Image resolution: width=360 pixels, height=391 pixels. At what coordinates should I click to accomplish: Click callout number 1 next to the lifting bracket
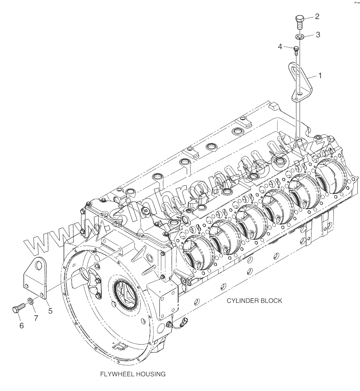pyautogui.click(x=320, y=75)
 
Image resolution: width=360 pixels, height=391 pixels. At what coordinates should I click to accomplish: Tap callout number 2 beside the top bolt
pyautogui.click(x=317, y=17)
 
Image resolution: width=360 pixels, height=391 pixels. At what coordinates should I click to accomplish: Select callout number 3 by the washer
pyautogui.click(x=318, y=35)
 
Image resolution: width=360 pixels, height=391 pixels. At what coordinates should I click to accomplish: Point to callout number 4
pyautogui.click(x=280, y=47)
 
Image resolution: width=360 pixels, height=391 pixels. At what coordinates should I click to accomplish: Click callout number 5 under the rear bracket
pyautogui.click(x=50, y=311)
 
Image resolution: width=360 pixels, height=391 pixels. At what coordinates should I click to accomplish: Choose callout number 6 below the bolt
pyautogui.click(x=22, y=326)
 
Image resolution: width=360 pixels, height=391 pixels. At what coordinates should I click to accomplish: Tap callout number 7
pyautogui.click(x=36, y=318)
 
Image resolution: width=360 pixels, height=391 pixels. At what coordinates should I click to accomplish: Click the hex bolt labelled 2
pyautogui.click(x=300, y=21)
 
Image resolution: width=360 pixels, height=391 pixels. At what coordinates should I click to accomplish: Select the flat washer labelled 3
pyautogui.click(x=300, y=37)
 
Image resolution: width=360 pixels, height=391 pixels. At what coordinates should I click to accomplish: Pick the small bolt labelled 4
pyautogui.click(x=296, y=49)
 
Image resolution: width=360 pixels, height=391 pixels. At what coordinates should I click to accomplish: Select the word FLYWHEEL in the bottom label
pyautogui.click(x=116, y=374)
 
